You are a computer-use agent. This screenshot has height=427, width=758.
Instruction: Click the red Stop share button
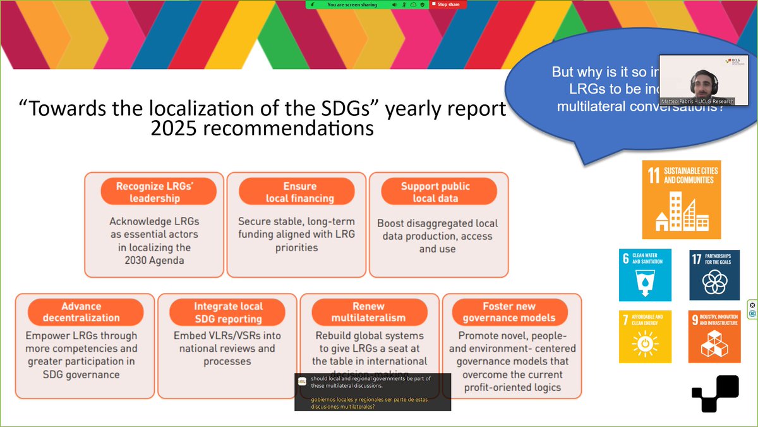[448, 4]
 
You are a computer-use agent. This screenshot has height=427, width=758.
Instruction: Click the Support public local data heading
[435, 192]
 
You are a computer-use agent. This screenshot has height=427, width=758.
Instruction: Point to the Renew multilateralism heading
[369, 312]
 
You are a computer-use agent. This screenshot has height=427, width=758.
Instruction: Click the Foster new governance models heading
[509, 312]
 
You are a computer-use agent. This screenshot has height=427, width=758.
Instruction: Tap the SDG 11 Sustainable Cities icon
[681, 199]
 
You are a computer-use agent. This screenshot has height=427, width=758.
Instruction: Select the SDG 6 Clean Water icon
[645, 275]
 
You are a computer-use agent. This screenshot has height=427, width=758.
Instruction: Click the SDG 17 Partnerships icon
[714, 275]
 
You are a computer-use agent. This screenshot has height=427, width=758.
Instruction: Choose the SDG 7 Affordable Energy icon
[645, 337]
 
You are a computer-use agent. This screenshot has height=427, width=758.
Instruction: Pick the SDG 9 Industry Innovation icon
[714, 337]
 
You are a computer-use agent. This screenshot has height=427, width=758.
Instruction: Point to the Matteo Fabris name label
[704, 101]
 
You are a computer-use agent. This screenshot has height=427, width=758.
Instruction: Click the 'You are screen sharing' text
[352, 4]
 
